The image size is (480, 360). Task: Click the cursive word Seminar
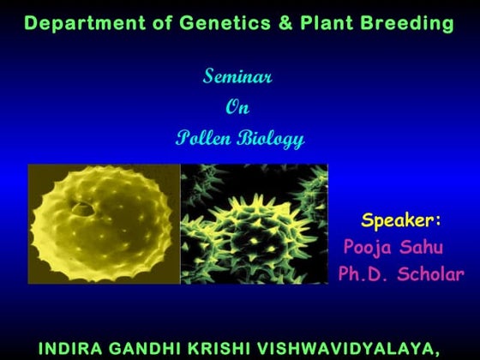coord(237,77)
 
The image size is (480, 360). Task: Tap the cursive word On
coord(237,108)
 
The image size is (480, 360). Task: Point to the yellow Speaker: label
coord(401,220)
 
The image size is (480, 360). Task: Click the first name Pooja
coord(369,249)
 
